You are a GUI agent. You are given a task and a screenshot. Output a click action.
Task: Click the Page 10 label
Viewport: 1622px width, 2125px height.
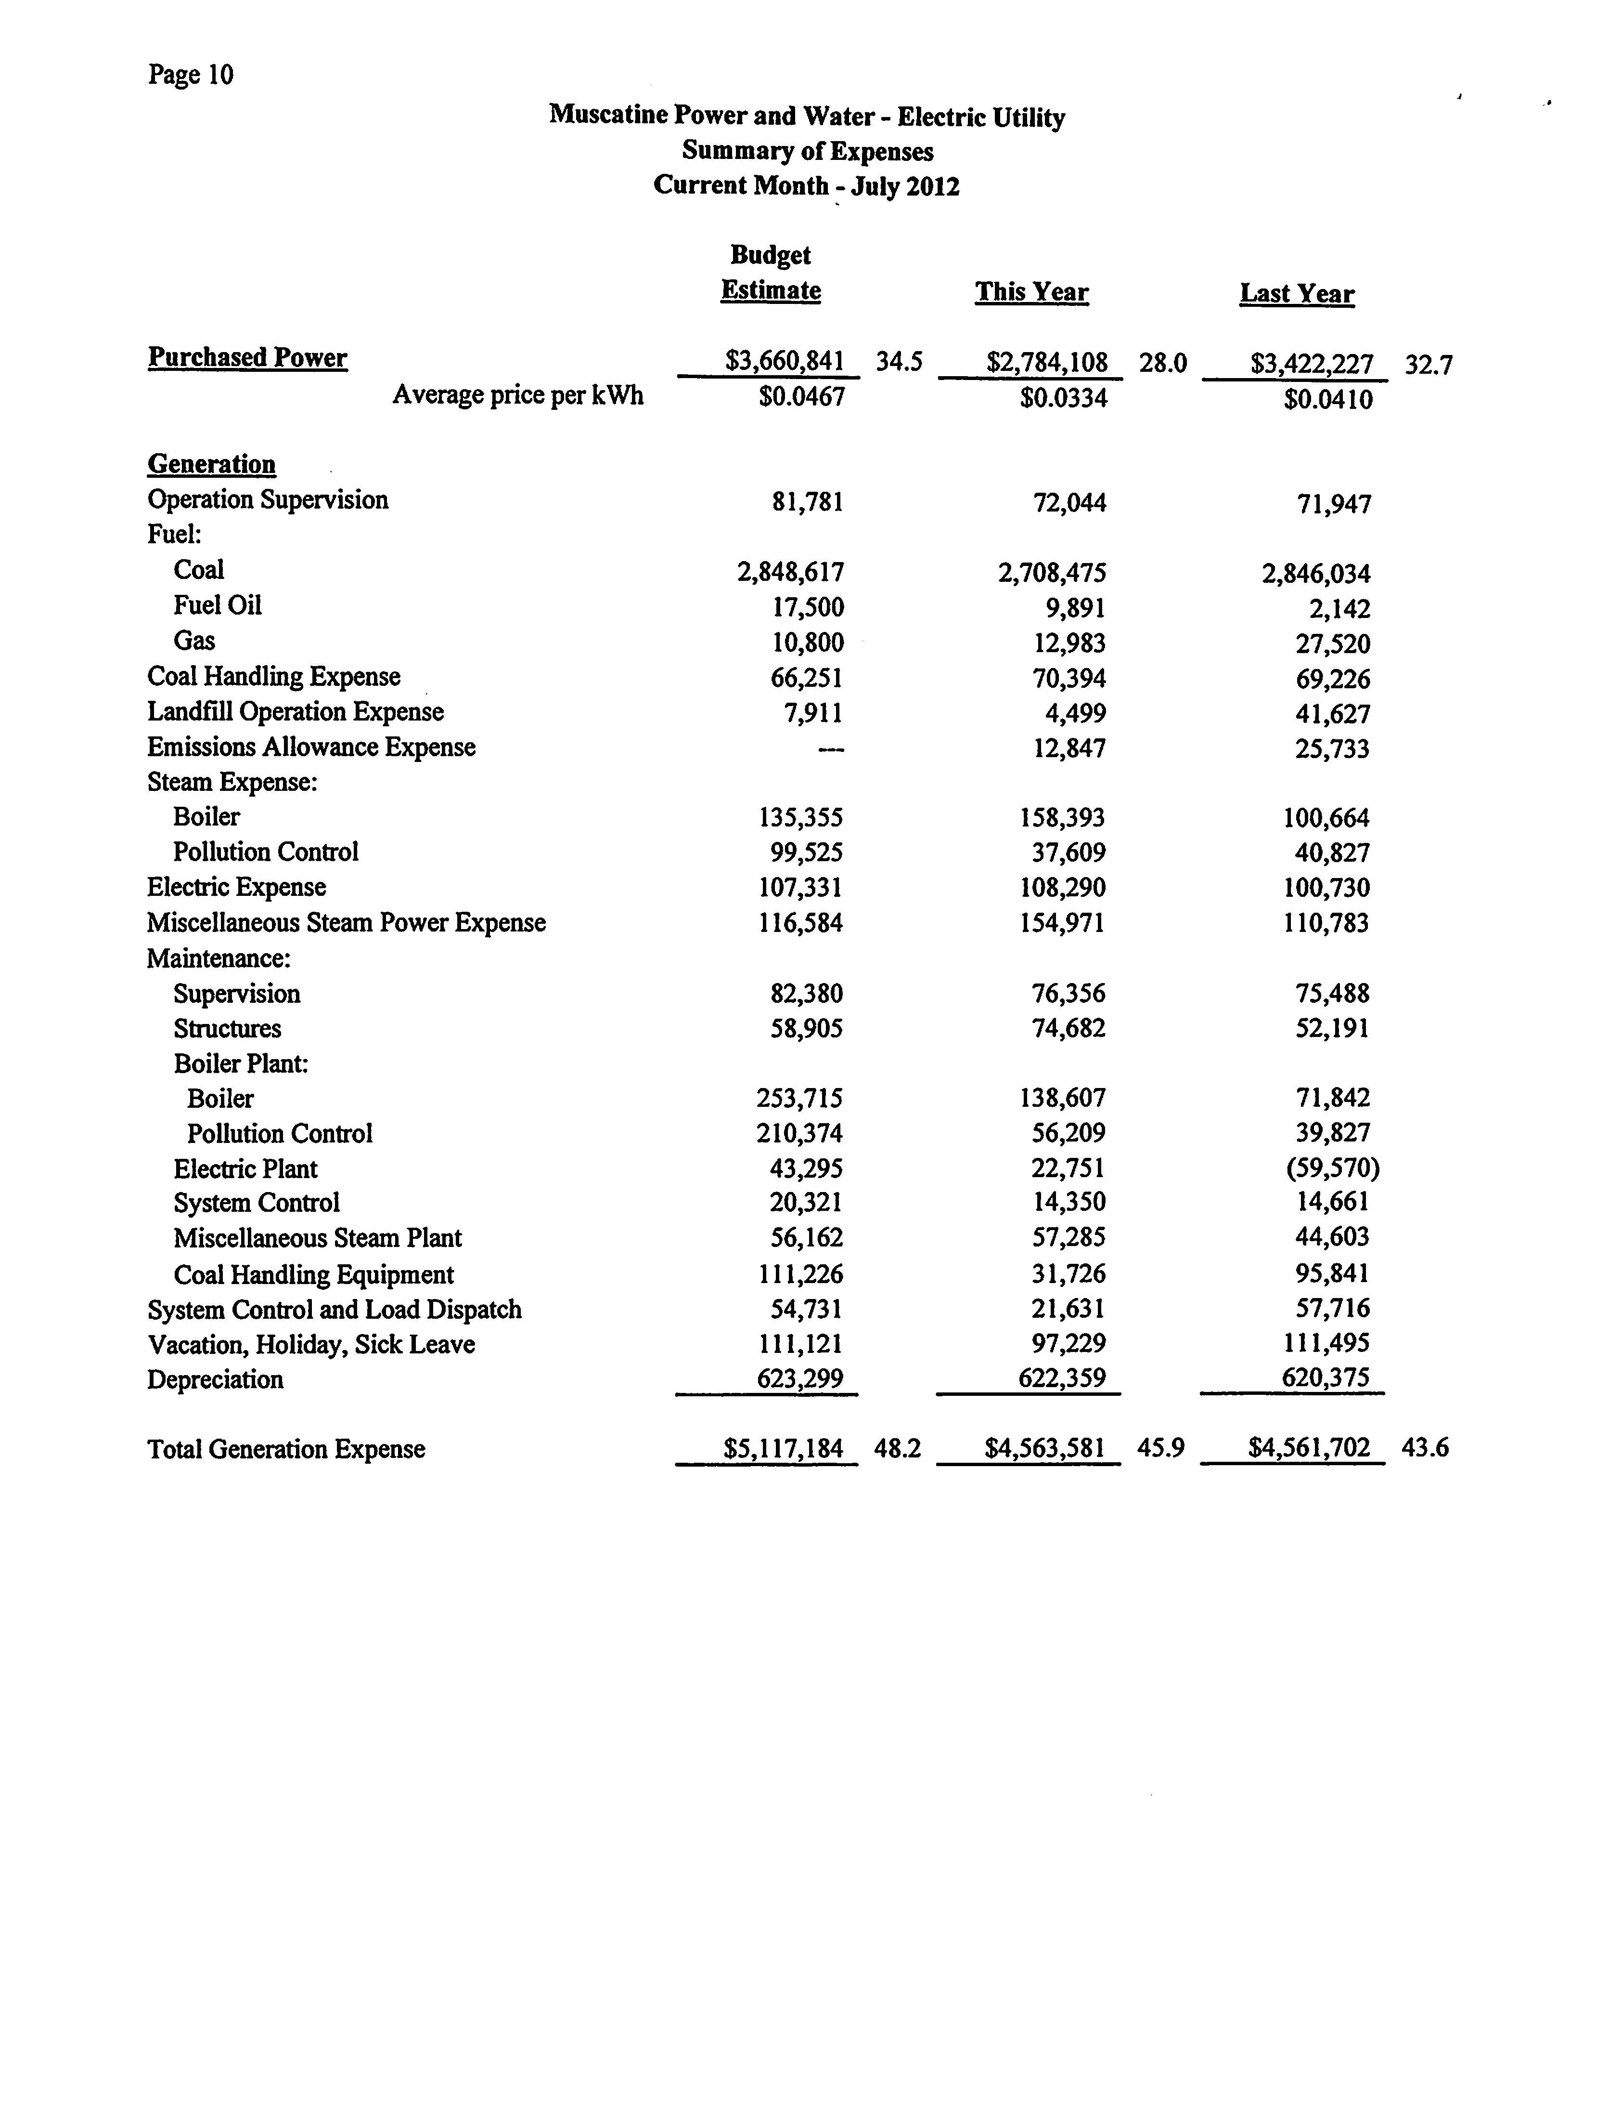pos(190,75)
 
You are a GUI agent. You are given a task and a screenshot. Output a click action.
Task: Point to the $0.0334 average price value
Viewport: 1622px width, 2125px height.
pos(1063,398)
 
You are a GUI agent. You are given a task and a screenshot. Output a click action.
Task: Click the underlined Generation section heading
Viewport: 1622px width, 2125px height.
pos(211,465)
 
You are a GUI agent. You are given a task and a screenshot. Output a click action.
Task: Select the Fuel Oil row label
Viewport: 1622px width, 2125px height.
pos(217,605)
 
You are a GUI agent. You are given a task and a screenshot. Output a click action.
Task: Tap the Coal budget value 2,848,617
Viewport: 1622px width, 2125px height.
pos(791,573)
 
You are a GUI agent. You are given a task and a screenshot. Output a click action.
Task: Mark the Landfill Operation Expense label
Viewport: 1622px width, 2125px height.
pos(296,712)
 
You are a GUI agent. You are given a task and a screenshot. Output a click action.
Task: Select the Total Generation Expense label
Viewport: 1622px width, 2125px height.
pos(286,1449)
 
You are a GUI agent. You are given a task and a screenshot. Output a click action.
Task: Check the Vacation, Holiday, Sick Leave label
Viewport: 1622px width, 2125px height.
pos(311,1345)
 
